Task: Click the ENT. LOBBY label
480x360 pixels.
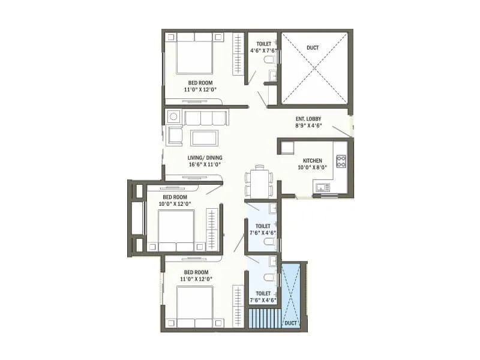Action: tap(309, 119)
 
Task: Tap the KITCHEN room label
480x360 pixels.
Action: tap(313, 161)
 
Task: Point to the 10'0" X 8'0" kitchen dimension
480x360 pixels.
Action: tap(313, 168)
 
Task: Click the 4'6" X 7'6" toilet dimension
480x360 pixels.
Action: tap(263, 50)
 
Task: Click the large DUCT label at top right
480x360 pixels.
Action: tap(313, 47)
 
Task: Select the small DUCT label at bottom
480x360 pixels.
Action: tap(291, 322)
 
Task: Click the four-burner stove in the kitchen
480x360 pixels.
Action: tap(341, 161)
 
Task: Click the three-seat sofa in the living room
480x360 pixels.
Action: tap(206, 118)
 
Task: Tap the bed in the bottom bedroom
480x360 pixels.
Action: tap(194, 307)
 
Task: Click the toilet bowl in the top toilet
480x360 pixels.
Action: tap(272, 61)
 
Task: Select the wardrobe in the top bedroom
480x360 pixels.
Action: tap(238, 53)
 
